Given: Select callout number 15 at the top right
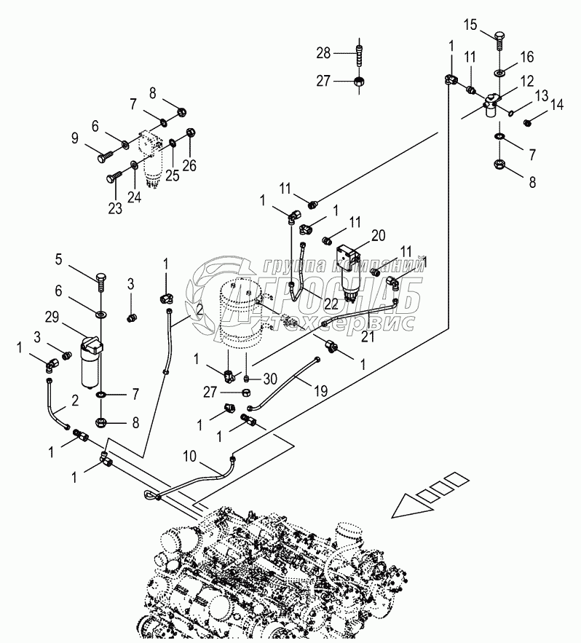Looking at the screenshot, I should point(471,25).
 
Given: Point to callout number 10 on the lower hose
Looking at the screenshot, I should point(190,457).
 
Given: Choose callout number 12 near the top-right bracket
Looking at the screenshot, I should point(526,82).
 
